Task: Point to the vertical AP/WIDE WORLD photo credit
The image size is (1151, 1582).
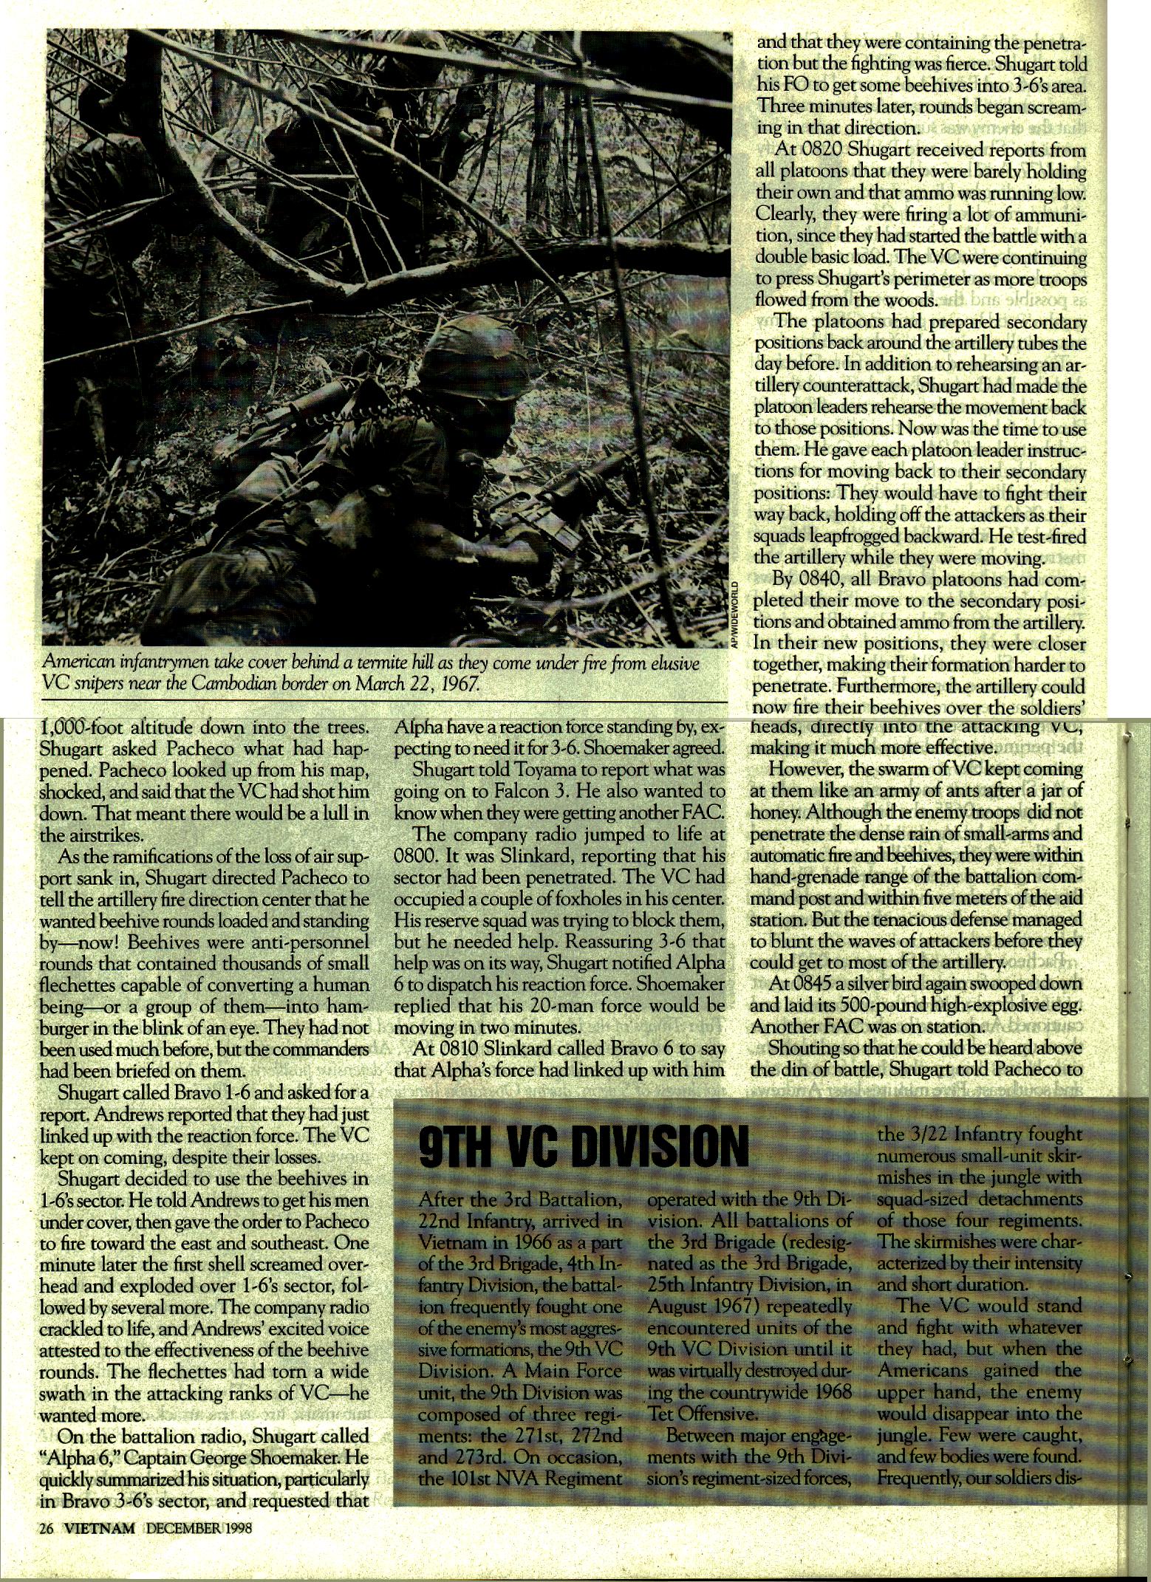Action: [734, 612]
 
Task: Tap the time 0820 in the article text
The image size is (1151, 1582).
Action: [819, 151]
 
